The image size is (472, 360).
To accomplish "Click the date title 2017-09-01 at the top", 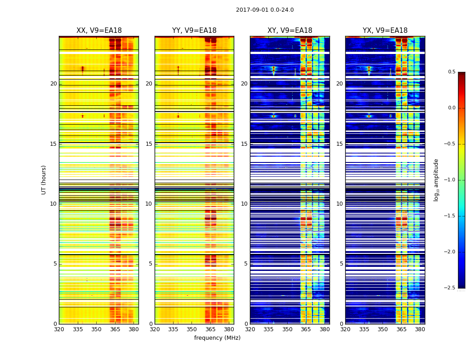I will pyautogui.click(x=265, y=10).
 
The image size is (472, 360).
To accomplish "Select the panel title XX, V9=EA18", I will pyautogui.click(x=99, y=31).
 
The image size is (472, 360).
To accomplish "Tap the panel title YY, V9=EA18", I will pyautogui.click(x=194, y=31).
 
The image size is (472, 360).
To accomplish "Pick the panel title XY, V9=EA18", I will pyautogui.click(x=289, y=31).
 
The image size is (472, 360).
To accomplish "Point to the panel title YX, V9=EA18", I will pyautogui.click(x=385, y=31).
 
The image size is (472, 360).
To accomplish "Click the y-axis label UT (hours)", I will pyautogui.click(x=44, y=180).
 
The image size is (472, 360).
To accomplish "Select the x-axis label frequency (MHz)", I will pyautogui.click(x=217, y=338).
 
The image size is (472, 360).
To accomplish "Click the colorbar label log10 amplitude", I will pyautogui.click(x=436, y=180).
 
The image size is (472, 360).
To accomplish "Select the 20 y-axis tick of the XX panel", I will pyautogui.click(x=53, y=84).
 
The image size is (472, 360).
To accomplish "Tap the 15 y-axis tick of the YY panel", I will pyautogui.click(x=149, y=144).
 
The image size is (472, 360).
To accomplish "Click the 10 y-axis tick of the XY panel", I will pyautogui.click(x=244, y=204).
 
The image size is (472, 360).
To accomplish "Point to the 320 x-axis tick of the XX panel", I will pyautogui.click(x=59, y=329).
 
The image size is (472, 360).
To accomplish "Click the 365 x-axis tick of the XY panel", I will pyautogui.click(x=306, y=329).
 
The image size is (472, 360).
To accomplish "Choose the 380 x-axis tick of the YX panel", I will pyautogui.click(x=420, y=329).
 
